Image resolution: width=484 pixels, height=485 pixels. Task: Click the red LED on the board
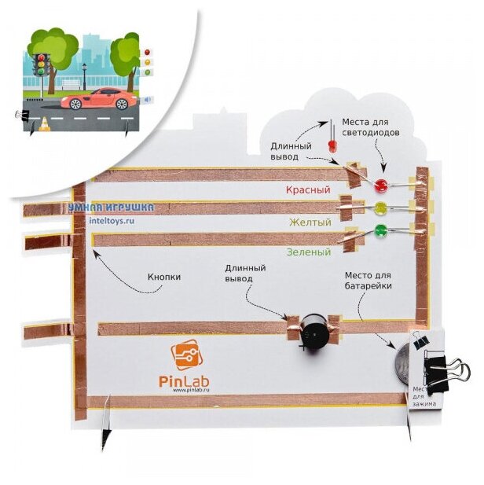(381, 186)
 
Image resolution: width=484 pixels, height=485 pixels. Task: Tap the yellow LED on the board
(381, 208)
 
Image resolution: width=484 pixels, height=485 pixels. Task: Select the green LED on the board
(382, 230)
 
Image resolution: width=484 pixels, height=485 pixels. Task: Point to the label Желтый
(310, 222)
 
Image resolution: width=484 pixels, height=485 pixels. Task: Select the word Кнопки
(164, 277)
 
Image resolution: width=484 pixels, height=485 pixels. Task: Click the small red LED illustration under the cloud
(332, 145)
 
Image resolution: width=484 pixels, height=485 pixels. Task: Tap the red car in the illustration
(97, 99)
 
